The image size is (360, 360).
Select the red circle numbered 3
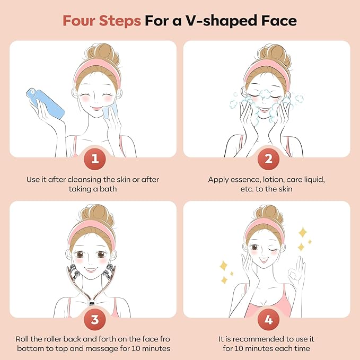click(93, 318)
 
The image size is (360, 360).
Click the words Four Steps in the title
click(101, 21)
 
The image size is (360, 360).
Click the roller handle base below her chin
click(93, 306)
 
